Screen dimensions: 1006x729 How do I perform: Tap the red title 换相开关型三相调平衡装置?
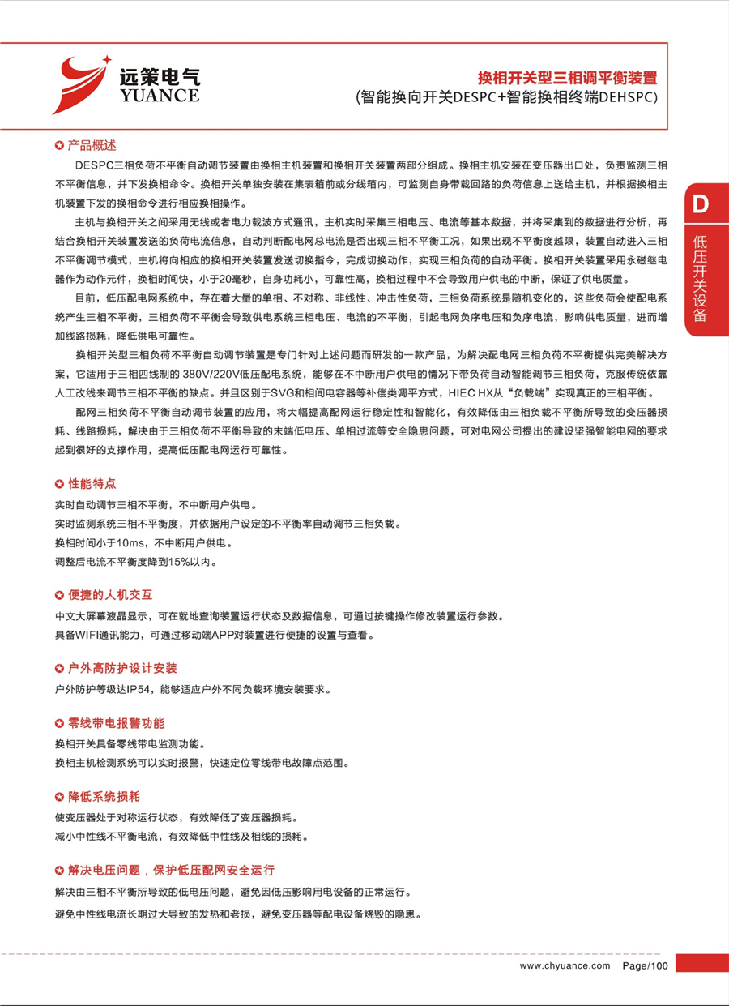click(x=566, y=79)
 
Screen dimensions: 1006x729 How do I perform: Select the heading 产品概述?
click(x=92, y=146)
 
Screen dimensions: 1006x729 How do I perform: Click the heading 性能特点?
click(x=92, y=484)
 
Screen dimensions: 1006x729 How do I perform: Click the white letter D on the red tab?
click(x=701, y=204)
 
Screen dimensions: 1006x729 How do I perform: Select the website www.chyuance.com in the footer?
click(x=564, y=965)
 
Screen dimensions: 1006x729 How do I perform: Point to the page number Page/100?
click(x=646, y=965)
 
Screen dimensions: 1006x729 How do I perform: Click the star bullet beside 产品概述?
click(x=59, y=146)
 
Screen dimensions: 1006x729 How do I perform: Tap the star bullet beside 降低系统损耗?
click(x=59, y=797)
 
